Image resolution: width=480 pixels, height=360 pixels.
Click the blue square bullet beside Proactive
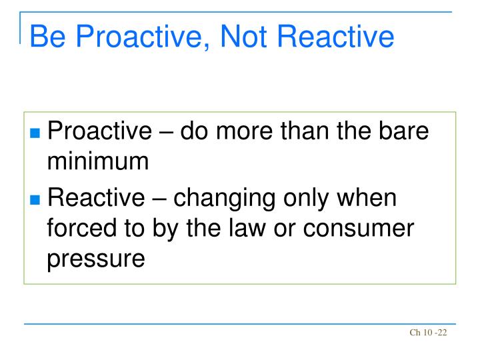tap(36, 133)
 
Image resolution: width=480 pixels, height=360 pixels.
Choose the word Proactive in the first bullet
tap(100, 131)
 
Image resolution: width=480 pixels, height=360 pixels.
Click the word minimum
tap(97, 161)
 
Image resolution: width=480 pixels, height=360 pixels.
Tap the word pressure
tap(95, 257)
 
